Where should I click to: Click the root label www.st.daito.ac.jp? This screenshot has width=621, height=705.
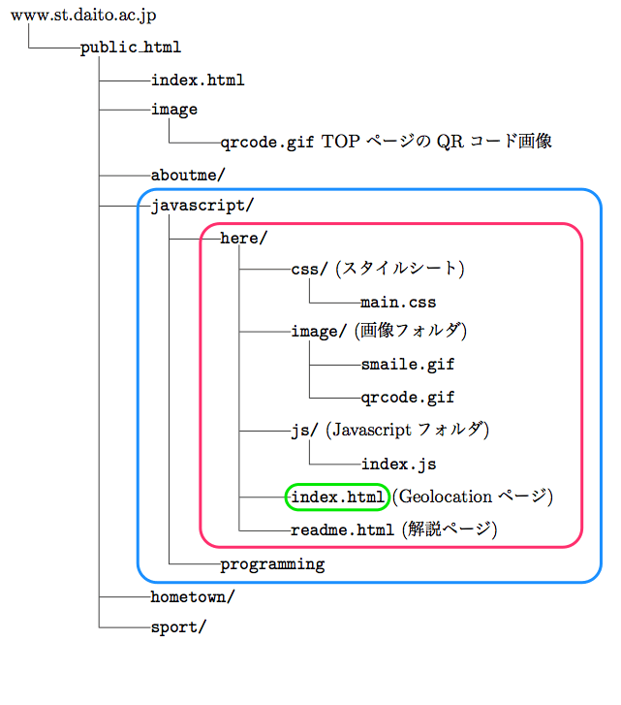click(83, 16)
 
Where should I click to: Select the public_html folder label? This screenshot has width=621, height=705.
click(131, 47)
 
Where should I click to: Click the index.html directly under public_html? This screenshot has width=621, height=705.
click(198, 80)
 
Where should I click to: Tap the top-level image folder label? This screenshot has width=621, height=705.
click(174, 110)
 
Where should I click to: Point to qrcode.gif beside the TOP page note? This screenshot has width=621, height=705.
click(266, 142)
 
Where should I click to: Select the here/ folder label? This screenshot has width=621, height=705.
click(243, 238)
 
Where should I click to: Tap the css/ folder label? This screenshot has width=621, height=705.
click(310, 269)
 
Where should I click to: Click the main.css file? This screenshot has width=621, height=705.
click(398, 303)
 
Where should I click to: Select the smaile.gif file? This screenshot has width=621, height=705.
click(407, 366)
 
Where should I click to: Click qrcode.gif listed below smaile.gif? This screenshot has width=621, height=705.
click(407, 398)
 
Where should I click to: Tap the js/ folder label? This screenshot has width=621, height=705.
click(304, 430)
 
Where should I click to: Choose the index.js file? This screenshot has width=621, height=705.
click(398, 464)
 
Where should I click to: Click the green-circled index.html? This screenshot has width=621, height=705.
click(337, 497)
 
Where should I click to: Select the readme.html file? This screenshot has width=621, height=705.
click(342, 530)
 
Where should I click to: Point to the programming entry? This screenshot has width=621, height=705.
click(272, 564)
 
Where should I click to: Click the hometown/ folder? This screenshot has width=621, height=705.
click(193, 596)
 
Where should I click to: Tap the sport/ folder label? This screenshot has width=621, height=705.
click(178, 627)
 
